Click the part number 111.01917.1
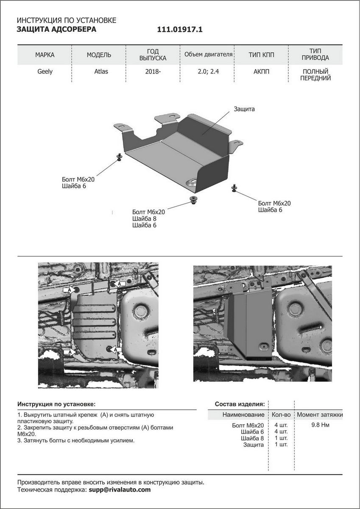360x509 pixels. click(180, 30)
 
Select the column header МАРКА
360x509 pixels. click(45, 55)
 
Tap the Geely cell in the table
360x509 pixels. click(45, 71)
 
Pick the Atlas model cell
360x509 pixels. click(101, 71)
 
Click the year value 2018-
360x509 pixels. click(153, 71)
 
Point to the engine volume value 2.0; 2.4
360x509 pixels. click(208, 71)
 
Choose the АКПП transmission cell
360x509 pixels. click(261, 71)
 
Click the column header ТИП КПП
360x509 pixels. click(261, 55)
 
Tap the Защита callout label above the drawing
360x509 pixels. click(244, 109)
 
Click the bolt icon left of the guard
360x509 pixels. click(119, 157)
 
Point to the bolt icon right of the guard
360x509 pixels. click(234, 187)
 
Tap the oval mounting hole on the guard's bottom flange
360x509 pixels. click(193, 182)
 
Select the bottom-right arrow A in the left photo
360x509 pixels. click(116, 349)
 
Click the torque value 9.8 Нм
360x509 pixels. click(320, 425)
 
